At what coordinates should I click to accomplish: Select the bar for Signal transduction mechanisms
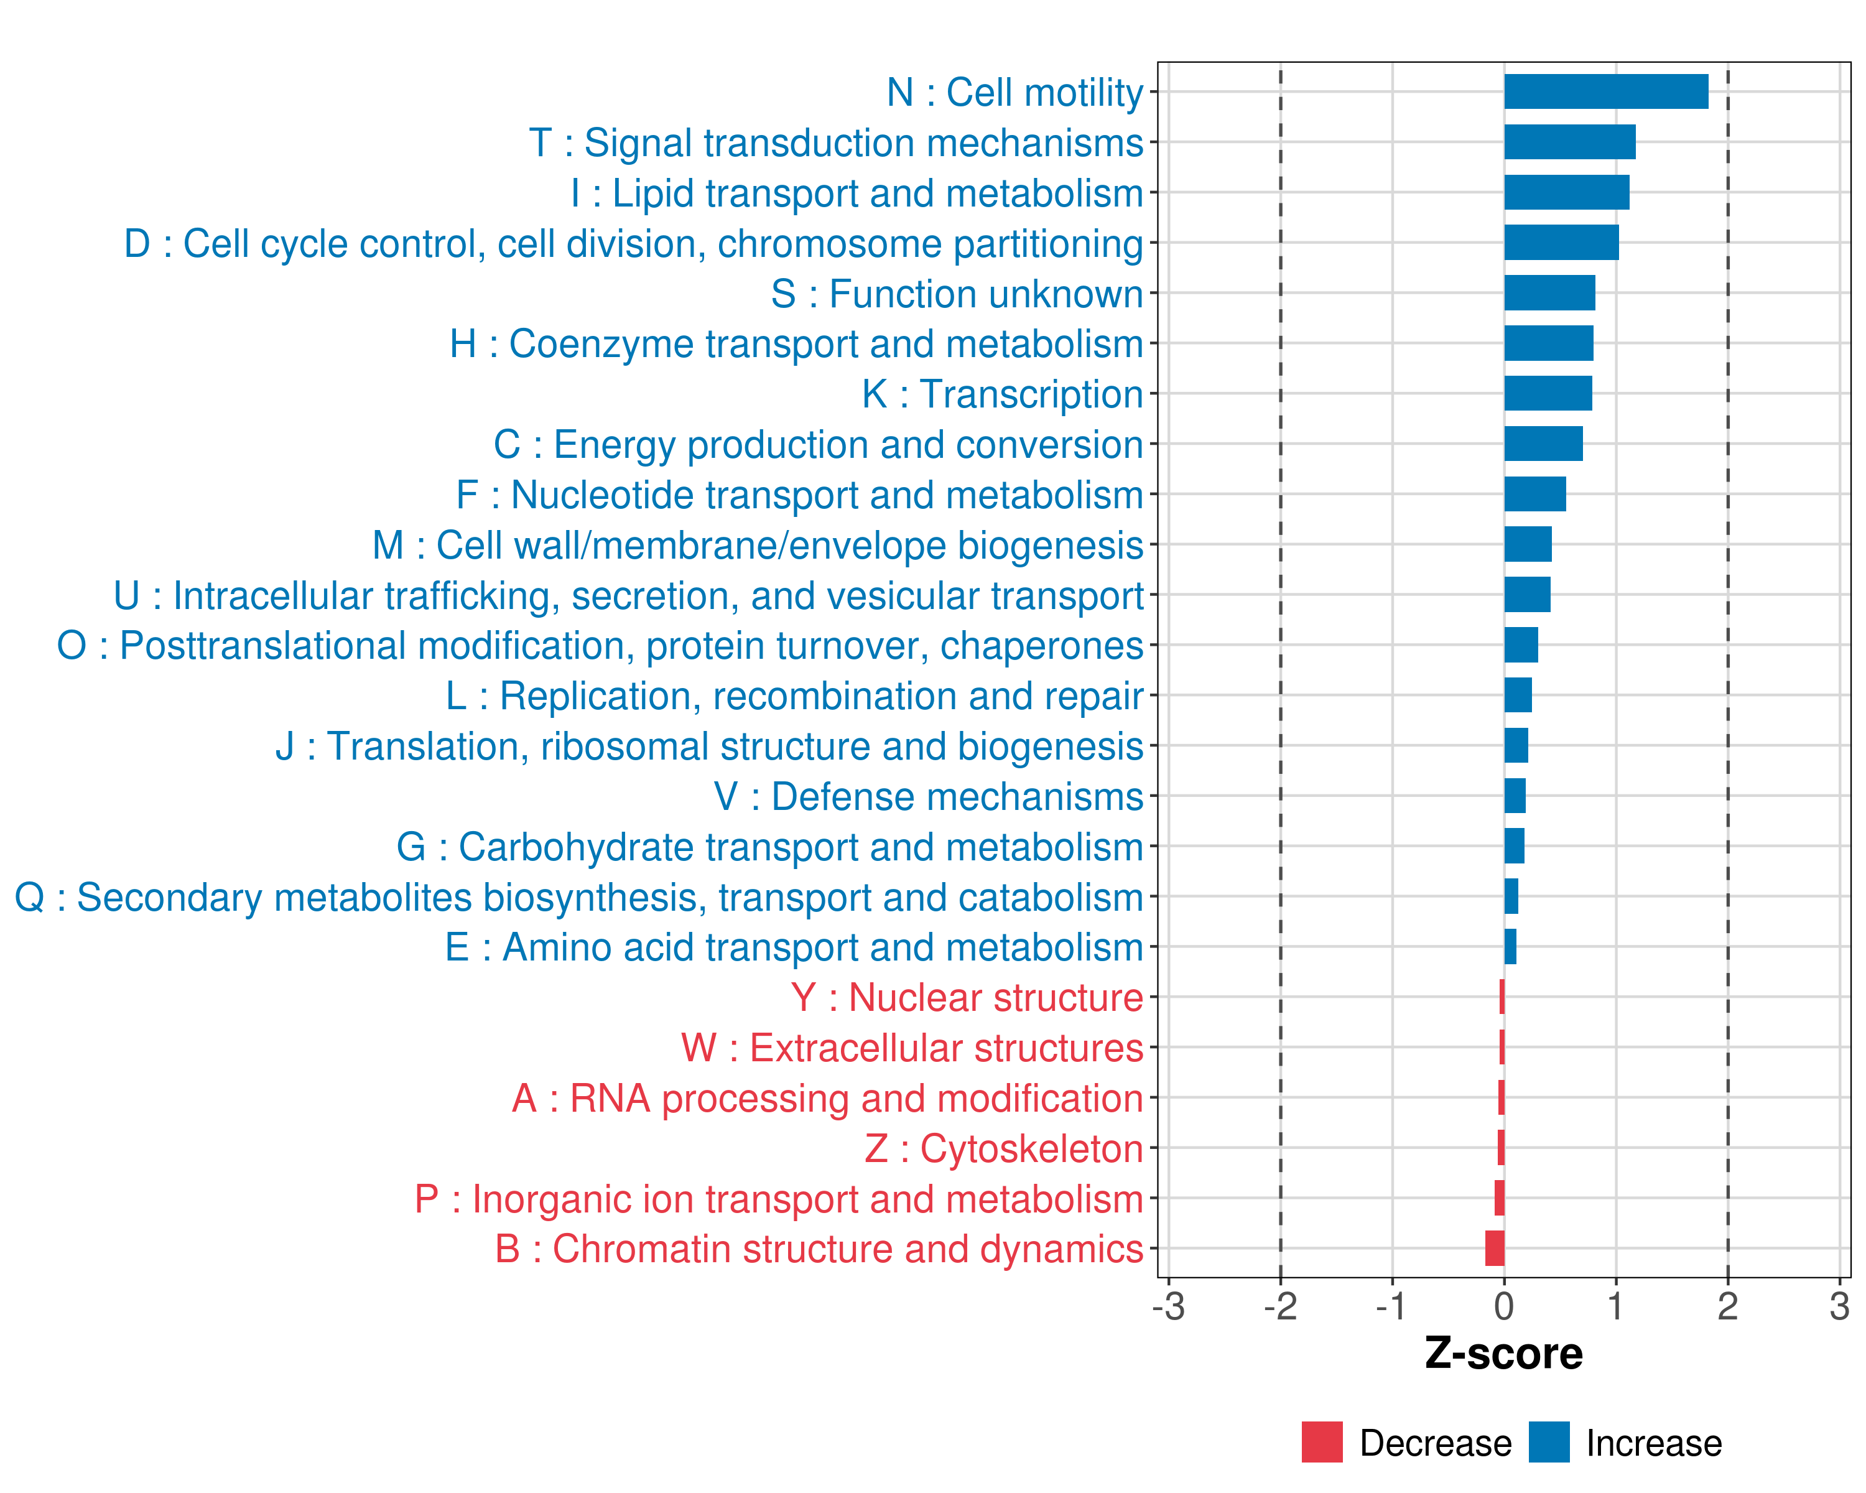pyautogui.click(x=1569, y=142)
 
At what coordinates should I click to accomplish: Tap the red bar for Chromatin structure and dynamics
pyautogui.click(x=1495, y=1248)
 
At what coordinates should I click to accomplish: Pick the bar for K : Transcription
pyautogui.click(x=1548, y=393)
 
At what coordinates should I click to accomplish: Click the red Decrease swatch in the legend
pyautogui.click(x=1322, y=1442)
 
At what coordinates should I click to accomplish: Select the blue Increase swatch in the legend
pyautogui.click(x=1548, y=1442)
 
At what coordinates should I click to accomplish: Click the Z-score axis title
pyautogui.click(x=1503, y=1353)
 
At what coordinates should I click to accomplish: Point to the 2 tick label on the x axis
pyautogui.click(x=1727, y=1306)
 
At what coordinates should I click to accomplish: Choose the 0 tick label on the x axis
pyautogui.click(x=1504, y=1306)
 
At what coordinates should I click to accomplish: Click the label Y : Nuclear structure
pyautogui.click(x=967, y=997)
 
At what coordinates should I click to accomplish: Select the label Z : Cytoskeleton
pyautogui.click(x=1004, y=1148)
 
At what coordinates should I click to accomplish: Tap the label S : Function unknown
pyautogui.click(x=957, y=294)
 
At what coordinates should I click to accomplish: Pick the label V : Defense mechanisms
pyautogui.click(x=929, y=796)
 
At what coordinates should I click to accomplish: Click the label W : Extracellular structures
pyautogui.click(x=912, y=1047)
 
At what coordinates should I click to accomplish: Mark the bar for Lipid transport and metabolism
pyautogui.click(x=1567, y=192)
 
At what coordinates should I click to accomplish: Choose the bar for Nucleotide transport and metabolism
pyautogui.click(x=1534, y=494)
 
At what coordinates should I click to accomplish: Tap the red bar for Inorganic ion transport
pyautogui.click(x=1499, y=1198)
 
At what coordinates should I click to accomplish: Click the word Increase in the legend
pyautogui.click(x=1653, y=1443)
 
